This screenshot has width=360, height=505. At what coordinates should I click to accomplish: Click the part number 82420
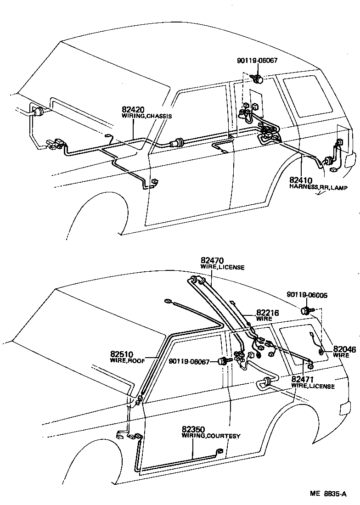[133, 110]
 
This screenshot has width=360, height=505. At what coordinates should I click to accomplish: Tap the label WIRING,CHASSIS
[146, 117]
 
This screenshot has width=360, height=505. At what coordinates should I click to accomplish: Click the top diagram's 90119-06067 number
[257, 60]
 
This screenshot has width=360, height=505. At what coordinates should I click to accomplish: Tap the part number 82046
[344, 349]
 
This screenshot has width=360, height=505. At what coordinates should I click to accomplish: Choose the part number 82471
[303, 380]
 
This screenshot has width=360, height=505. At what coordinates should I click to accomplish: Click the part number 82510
[121, 354]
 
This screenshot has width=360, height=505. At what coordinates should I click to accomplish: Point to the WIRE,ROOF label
[127, 361]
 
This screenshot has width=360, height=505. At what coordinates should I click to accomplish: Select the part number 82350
[193, 429]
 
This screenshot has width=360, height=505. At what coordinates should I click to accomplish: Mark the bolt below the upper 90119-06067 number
[258, 79]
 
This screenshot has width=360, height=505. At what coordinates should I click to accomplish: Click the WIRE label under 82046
[341, 355]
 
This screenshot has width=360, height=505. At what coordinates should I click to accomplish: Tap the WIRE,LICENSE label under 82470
[222, 267]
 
